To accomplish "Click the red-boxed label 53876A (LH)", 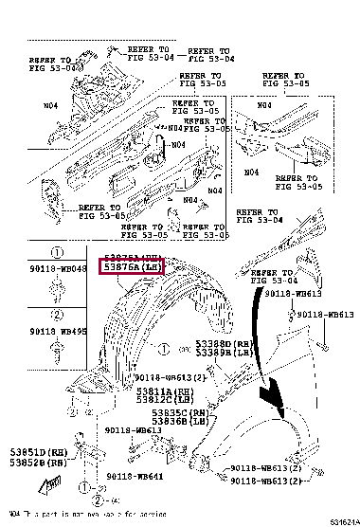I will pyautogui.click(x=133, y=268).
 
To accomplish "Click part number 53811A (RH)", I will pyautogui.click(x=153, y=390).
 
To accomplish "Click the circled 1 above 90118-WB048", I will pyautogui.click(x=56, y=254).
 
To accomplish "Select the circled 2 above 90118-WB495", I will pyautogui.click(x=56, y=315).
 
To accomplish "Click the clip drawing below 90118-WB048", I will pyautogui.click(x=56, y=289).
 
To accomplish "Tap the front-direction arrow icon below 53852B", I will pyautogui.click(x=44, y=488).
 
